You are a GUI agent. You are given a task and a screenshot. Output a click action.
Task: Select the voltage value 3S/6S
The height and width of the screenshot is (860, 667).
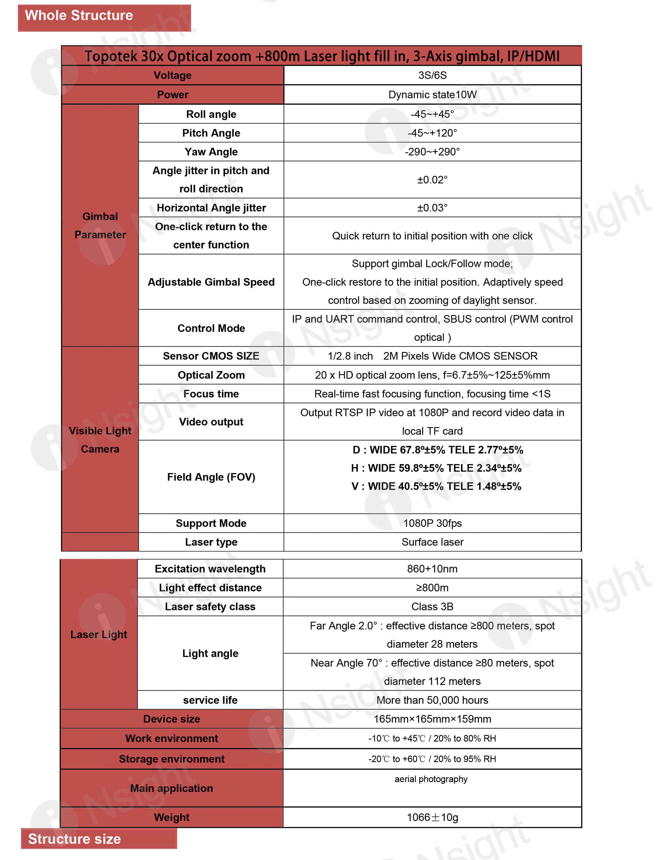[x=432, y=75]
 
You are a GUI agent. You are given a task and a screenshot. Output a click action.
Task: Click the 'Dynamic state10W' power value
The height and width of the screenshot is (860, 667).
[x=432, y=95]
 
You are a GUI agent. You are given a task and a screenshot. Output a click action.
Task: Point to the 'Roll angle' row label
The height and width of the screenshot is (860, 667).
[x=211, y=114]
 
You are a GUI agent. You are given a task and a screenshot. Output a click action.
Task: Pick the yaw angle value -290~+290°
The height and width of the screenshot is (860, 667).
[x=432, y=152]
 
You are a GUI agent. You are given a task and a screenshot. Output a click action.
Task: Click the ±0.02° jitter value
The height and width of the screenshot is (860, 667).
[x=432, y=180]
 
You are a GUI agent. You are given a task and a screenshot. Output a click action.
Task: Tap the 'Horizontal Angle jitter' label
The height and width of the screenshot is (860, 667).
[x=211, y=207]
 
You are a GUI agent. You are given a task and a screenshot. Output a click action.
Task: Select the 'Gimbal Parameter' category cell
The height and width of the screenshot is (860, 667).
[x=100, y=225]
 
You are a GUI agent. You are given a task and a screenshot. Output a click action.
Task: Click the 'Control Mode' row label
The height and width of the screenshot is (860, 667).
[x=211, y=328]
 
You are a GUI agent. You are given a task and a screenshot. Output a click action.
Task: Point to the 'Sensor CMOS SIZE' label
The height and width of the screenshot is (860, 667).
[x=211, y=356]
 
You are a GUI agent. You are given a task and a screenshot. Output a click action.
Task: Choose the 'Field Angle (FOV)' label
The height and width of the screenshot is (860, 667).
[x=211, y=477]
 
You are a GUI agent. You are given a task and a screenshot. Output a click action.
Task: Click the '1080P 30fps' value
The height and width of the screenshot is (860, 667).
[x=432, y=523]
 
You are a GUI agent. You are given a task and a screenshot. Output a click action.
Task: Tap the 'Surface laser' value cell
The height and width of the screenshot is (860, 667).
[x=432, y=542]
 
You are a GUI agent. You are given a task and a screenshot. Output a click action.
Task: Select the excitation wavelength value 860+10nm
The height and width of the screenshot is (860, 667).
[x=432, y=569]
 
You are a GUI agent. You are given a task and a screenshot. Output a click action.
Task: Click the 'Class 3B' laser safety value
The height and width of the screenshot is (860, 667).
[x=432, y=606]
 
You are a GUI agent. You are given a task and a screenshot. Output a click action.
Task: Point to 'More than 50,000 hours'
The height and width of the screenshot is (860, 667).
[x=432, y=700]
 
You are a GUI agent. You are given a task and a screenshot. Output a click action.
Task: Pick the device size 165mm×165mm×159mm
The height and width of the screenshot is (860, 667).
[x=432, y=719]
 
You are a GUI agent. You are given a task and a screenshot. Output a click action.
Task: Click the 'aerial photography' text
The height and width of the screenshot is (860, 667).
[x=431, y=779]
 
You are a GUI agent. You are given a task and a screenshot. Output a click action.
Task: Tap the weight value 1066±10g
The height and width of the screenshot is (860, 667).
[x=432, y=817]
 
